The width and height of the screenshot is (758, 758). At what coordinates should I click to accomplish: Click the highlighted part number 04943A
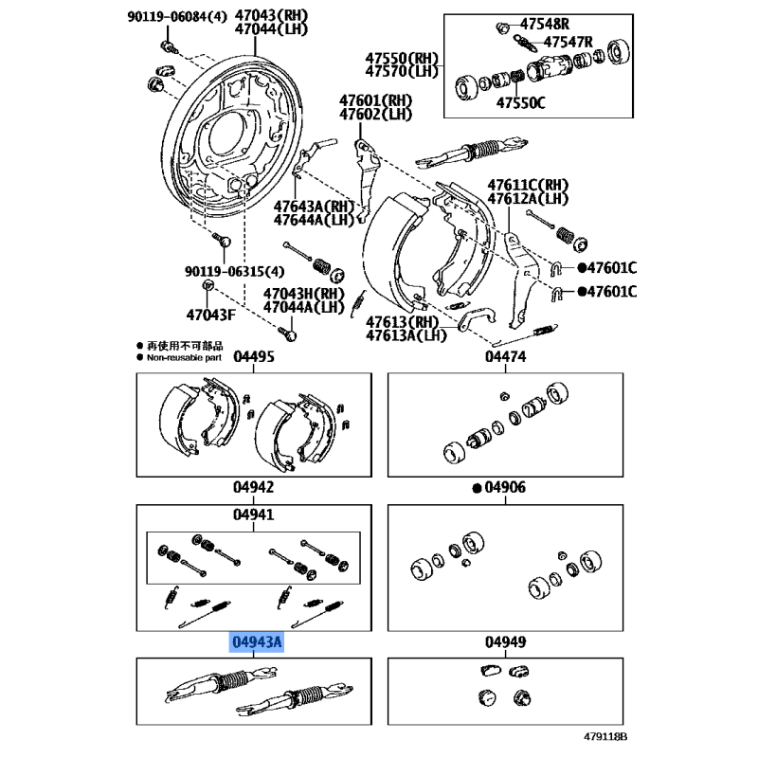(x=256, y=642)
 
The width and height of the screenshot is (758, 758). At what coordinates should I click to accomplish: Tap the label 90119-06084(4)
(x=177, y=17)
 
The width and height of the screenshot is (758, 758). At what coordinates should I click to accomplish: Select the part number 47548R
(x=545, y=24)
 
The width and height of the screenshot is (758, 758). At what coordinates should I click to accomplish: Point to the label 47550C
(x=520, y=103)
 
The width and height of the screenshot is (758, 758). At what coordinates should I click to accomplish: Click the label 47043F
(x=210, y=316)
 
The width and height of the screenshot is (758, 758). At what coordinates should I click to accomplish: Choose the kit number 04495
(x=254, y=357)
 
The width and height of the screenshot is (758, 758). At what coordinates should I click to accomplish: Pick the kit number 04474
(x=506, y=357)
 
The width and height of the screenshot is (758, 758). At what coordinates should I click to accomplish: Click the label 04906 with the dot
(x=499, y=488)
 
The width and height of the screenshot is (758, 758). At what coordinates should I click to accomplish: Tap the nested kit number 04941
(x=254, y=514)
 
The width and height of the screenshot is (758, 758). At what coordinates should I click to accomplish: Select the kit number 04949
(x=506, y=642)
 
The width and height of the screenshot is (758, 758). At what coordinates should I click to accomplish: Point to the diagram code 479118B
(x=605, y=737)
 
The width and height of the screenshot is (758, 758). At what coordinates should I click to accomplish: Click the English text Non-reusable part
(x=184, y=358)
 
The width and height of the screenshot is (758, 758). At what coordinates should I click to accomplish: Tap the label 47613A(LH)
(x=406, y=335)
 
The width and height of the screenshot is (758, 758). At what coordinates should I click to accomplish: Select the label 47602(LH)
(x=375, y=115)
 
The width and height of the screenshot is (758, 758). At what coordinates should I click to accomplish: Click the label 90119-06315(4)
(x=234, y=272)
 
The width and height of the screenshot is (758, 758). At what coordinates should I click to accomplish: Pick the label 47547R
(x=568, y=42)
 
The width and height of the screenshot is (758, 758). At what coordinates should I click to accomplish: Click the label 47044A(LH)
(x=303, y=307)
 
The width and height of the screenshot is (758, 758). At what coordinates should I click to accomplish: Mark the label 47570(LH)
(x=402, y=72)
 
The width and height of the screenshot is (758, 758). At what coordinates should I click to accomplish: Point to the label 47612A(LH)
(x=528, y=199)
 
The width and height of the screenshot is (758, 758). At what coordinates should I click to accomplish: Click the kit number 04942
(x=254, y=487)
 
